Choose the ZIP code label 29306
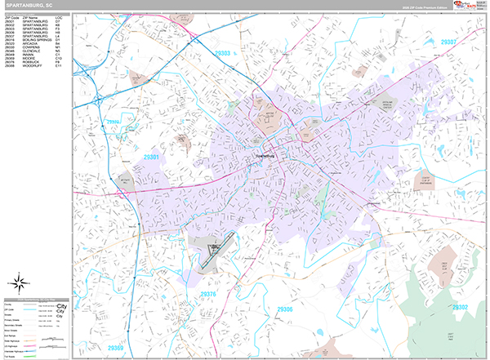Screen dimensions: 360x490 point(284,309)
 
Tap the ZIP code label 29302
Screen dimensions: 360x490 point(460,308)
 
